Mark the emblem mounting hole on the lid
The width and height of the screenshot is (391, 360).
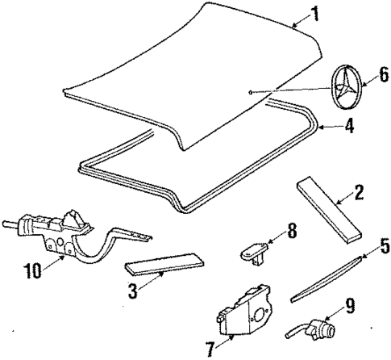click(252, 92)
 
